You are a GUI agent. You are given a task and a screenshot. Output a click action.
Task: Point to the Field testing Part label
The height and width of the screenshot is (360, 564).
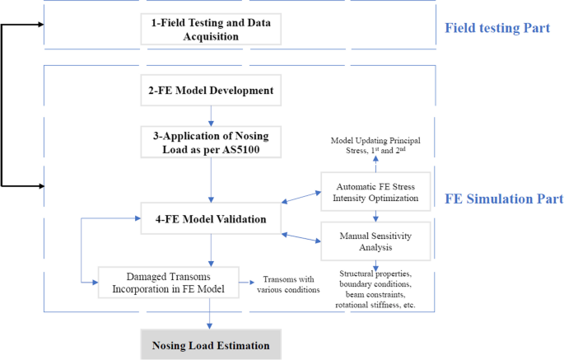[x=497, y=29]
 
